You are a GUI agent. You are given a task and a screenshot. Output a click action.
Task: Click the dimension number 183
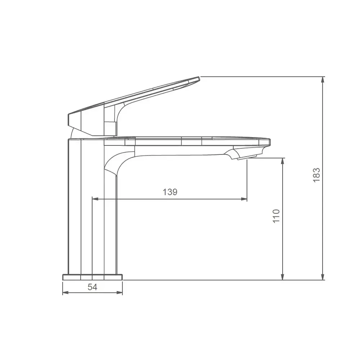click(x=316, y=175)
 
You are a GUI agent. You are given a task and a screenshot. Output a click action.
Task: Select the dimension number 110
click(x=276, y=216)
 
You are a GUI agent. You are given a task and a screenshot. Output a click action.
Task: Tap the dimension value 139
click(x=170, y=192)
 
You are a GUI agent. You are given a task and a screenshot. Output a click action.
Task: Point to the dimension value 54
click(x=92, y=287)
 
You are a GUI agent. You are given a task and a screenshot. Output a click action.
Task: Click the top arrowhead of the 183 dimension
click(x=323, y=80)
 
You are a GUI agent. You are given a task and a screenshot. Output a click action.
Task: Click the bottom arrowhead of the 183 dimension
click(x=323, y=277)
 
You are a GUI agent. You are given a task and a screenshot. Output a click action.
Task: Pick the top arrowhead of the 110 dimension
click(x=283, y=161)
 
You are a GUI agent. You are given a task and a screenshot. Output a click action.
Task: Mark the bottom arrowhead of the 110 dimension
click(x=283, y=277)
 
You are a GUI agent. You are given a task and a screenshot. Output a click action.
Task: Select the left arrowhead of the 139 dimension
click(x=95, y=199)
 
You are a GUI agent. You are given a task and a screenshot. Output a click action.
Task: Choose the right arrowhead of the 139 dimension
click(x=244, y=199)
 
